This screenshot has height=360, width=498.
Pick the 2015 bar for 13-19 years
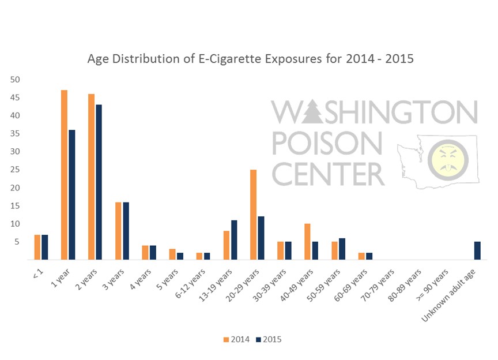pos(233,240)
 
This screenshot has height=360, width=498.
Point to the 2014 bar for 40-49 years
pos(307,242)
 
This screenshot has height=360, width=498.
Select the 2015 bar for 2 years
pos(99,182)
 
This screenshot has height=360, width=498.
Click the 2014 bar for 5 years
pos(172,254)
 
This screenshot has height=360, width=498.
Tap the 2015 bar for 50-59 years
pos(342,249)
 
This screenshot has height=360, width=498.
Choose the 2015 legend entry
pos(268,339)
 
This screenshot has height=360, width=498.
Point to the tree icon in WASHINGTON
pos(311,112)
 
